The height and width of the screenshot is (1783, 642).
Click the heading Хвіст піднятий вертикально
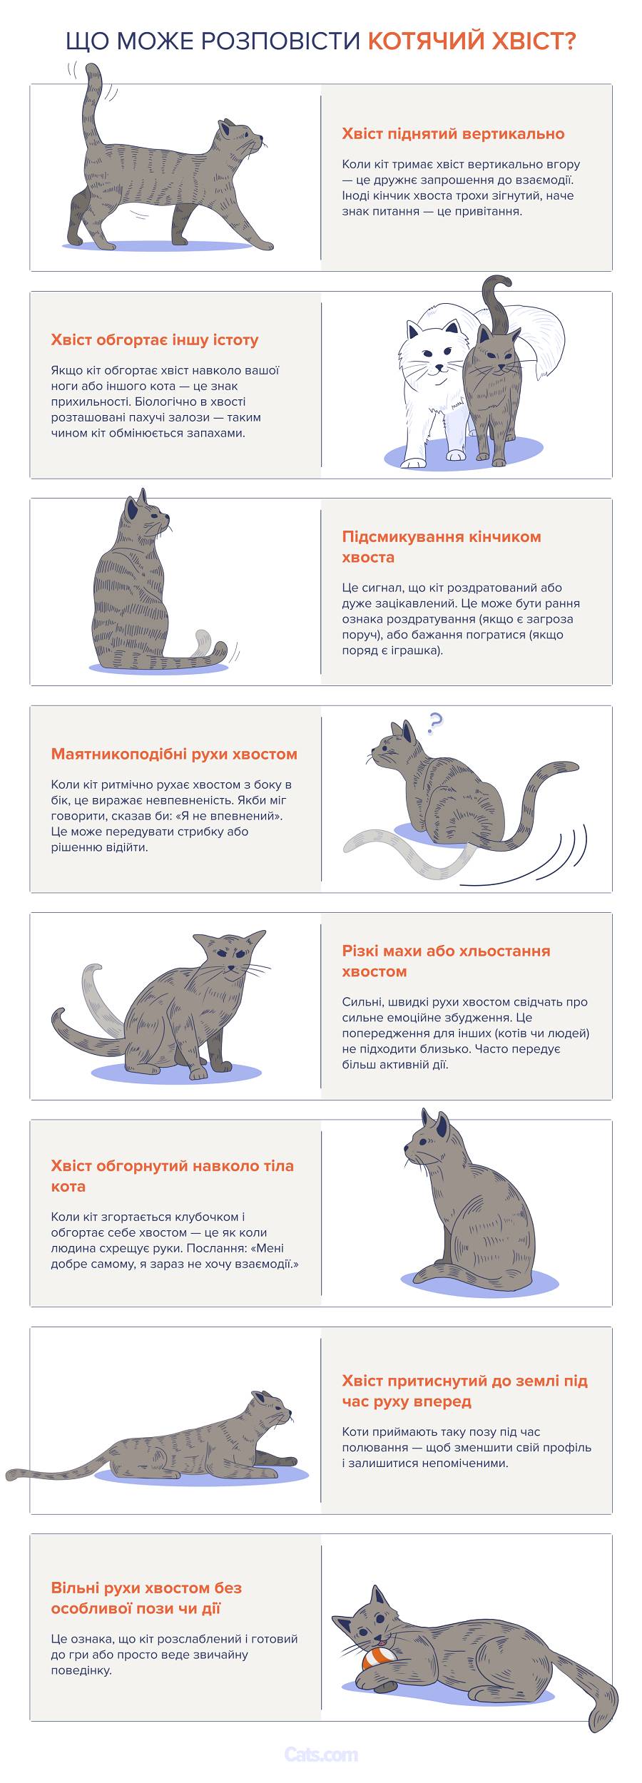(x=453, y=134)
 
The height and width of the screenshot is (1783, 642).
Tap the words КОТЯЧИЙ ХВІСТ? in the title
(x=472, y=42)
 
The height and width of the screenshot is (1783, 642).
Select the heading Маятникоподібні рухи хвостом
(x=174, y=755)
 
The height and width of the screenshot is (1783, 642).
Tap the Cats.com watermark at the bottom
(x=320, y=1754)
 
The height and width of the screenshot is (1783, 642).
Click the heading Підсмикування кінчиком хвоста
(x=441, y=546)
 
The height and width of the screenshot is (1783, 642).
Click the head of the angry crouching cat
(x=230, y=956)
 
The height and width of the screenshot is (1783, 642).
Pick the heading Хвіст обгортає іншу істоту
(x=155, y=340)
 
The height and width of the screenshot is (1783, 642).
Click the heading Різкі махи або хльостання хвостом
(x=446, y=961)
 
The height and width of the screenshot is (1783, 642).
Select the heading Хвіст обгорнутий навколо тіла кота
(x=172, y=1176)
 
